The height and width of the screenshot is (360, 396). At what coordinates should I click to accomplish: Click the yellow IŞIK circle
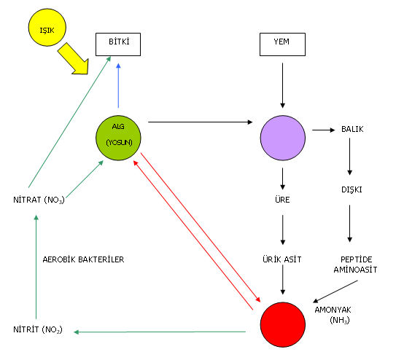(47, 28)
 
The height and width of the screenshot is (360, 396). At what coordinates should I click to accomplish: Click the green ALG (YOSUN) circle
(118, 138)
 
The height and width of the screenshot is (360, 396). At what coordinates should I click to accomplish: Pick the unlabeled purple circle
(283, 138)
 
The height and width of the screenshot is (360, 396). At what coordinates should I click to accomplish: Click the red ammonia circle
(283, 325)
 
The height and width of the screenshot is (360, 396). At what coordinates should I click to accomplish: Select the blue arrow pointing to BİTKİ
(118, 85)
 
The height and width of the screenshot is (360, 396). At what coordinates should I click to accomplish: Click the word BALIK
(352, 129)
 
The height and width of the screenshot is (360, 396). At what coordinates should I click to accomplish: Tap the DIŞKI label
(352, 189)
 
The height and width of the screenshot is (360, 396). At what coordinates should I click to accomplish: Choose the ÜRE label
(282, 200)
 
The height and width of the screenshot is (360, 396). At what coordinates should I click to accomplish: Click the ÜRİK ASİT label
(282, 259)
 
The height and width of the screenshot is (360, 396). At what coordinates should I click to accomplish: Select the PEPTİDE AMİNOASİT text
(356, 265)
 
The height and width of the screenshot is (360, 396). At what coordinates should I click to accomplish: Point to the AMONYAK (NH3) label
(333, 315)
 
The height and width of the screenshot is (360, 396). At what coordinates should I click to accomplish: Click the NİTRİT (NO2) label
(38, 329)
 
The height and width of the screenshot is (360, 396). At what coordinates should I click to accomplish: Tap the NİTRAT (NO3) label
(39, 200)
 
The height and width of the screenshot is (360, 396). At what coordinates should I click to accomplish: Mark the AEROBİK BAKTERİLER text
(83, 259)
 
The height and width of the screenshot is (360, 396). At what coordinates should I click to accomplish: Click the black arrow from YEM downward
(283, 85)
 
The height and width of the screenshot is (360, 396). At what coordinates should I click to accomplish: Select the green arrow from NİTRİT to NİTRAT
(36, 267)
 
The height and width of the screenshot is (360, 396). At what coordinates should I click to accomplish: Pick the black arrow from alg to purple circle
(201, 122)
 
